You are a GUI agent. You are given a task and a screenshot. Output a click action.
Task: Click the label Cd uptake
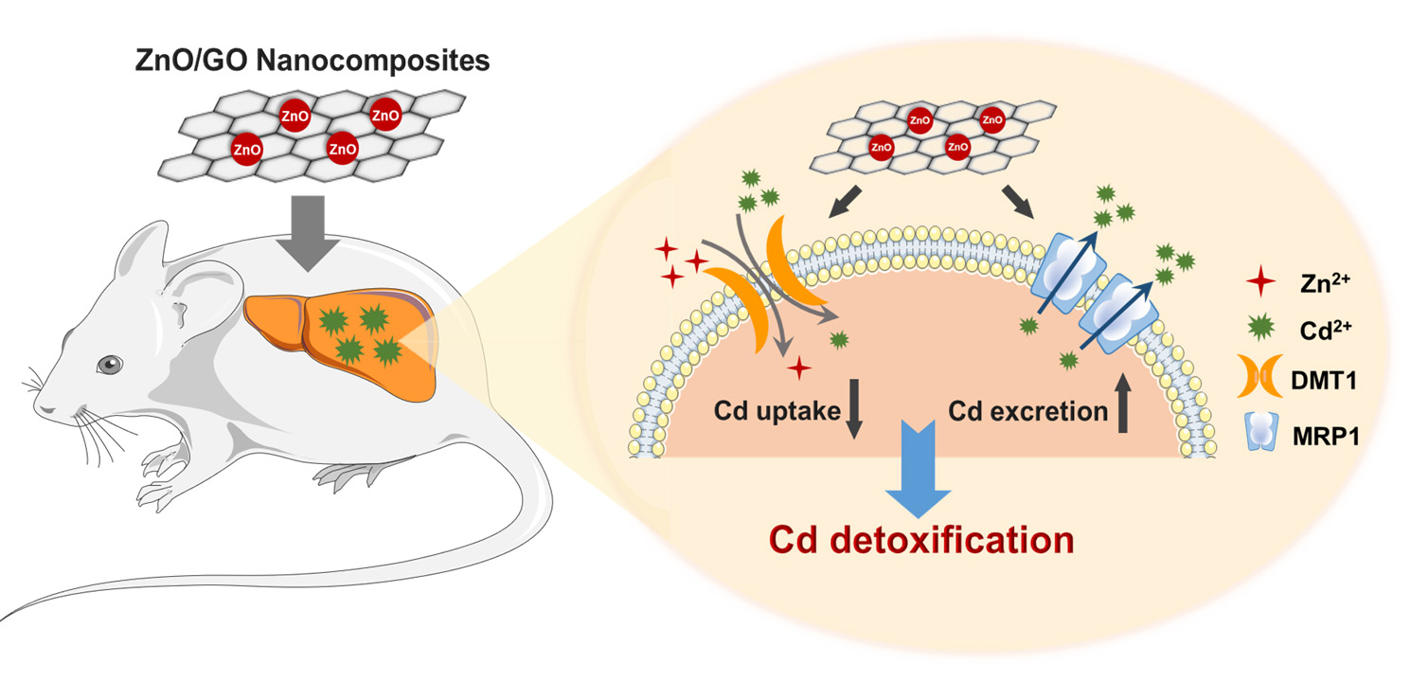778,412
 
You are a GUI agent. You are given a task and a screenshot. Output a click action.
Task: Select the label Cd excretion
1028,412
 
